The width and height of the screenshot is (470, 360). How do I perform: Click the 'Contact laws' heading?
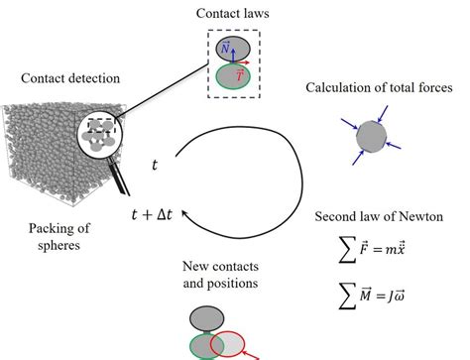point(234,16)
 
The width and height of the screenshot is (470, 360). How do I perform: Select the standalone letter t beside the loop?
point(154,163)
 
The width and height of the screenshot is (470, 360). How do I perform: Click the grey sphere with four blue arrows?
point(370,135)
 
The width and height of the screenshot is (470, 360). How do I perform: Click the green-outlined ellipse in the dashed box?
point(234,77)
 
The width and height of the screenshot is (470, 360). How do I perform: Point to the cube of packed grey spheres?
point(50,159)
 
